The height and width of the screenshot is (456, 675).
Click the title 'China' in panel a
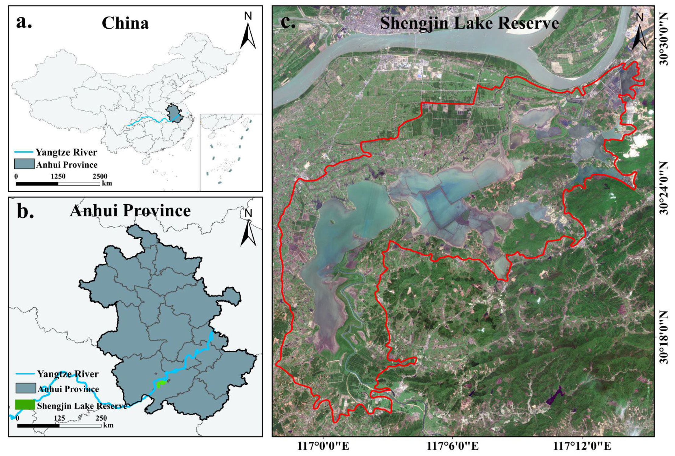(125, 23)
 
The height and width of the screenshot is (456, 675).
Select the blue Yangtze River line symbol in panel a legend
(24, 152)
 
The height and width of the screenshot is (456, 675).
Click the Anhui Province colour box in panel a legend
(24, 164)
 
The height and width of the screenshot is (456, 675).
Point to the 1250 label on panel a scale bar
(58, 176)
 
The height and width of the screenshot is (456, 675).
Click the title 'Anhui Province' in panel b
(130, 211)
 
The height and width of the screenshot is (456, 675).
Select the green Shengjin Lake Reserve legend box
(25, 404)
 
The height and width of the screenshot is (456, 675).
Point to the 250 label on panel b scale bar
(101, 418)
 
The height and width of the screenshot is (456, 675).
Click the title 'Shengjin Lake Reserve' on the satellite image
(469, 23)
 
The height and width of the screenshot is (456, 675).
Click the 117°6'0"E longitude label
(452, 446)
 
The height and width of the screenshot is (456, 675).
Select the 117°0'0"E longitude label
(323, 446)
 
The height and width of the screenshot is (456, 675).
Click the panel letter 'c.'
(288, 22)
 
